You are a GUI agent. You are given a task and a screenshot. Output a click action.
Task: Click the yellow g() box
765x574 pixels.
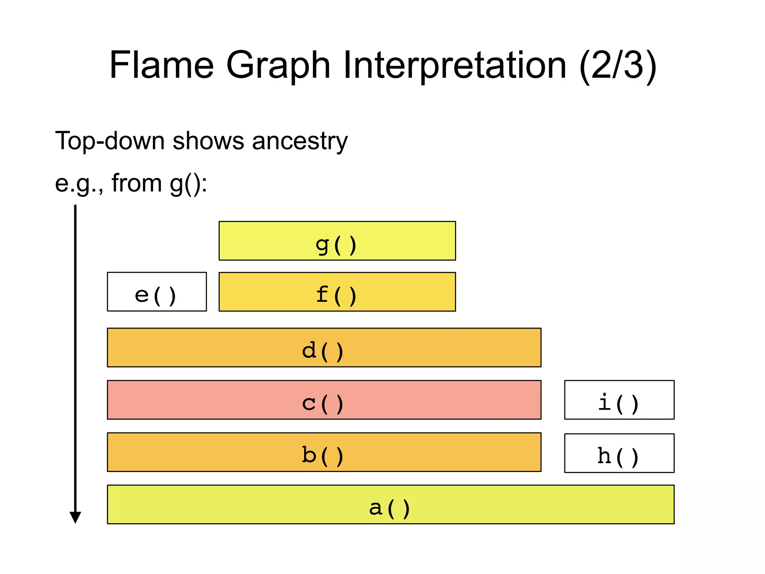pos(337,241)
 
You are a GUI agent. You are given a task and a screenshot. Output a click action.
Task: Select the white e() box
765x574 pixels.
pos(157,291)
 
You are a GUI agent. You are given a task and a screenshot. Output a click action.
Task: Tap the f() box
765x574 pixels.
pos(337,291)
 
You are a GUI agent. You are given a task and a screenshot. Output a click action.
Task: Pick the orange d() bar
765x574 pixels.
pos(324,348)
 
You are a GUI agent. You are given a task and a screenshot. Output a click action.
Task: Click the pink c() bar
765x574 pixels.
pos(324,400)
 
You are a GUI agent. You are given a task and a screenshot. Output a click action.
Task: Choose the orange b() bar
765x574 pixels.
pos(324,452)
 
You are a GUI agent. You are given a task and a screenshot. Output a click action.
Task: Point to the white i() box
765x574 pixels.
pos(619,400)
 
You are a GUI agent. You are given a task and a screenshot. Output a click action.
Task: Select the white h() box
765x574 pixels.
pos(619,453)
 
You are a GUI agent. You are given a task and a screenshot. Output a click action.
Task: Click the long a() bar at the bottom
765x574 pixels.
pos(390,504)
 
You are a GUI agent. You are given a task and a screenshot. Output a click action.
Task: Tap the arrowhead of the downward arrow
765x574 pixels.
pos(75,518)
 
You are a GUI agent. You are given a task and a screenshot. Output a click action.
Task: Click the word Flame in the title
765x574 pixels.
pos(161,65)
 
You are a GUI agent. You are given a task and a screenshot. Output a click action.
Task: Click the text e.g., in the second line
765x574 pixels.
pos(79,184)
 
